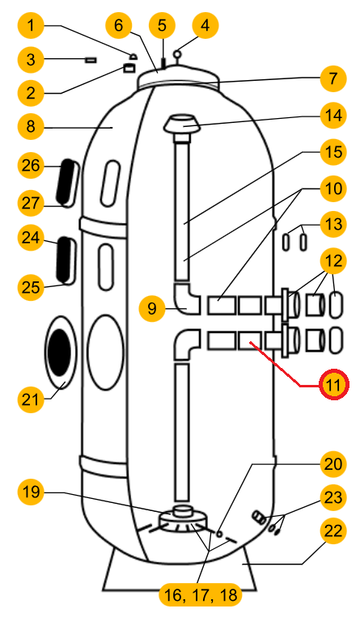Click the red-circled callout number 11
tap(334, 384)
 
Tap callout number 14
tap(333, 116)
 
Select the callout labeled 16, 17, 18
tap(201, 594)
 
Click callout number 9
tap(152, 308)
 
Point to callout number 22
tap(333, 530)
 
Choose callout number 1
tap(31, 26)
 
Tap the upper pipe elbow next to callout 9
tap(187, 298)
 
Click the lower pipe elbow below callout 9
tap(187, 344)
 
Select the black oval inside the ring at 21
tap(59, 353)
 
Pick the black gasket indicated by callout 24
tap(65, 260)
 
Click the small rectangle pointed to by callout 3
tap(91, 60)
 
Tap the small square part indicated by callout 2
tap(129, 68)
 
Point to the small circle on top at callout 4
tap(178, 53)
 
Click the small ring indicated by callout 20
tap(219, 534)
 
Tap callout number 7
tap(333, 78)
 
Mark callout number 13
tap(333, 224)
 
